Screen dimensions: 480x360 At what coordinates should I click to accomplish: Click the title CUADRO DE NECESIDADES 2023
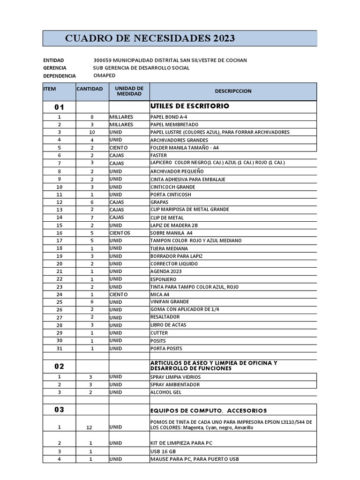tap(150, 38)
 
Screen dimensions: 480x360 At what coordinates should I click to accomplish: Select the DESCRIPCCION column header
tap(233, 91)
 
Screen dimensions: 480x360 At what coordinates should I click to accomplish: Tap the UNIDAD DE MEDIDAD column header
tap(129, 91)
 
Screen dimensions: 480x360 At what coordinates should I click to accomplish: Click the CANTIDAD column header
tap(90, 89)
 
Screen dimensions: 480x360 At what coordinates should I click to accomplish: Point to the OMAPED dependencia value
tap(104, 75)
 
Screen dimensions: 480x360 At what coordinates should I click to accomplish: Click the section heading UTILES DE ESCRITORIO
tap(189, 106)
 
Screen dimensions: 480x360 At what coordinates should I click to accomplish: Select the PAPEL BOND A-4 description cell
tap(168, 117)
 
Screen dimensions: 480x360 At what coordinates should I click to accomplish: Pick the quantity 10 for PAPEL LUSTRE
tap(92, 132)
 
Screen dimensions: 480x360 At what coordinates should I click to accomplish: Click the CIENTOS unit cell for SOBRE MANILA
tap(120, 233)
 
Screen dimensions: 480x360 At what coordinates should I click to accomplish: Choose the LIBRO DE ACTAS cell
tap(168, 325)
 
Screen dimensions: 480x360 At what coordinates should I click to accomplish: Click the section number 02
tap(59, 366)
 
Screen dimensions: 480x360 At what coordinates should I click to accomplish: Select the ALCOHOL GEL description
tap(166, 392)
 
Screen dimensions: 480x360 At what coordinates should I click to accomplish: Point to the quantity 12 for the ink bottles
tap(92, 427)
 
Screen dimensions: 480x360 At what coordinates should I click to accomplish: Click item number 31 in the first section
tap(59, 348)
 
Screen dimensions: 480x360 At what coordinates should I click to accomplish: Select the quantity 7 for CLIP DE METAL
tap(92, 217)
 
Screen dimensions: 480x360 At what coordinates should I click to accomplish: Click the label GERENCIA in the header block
tap(54, 68)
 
